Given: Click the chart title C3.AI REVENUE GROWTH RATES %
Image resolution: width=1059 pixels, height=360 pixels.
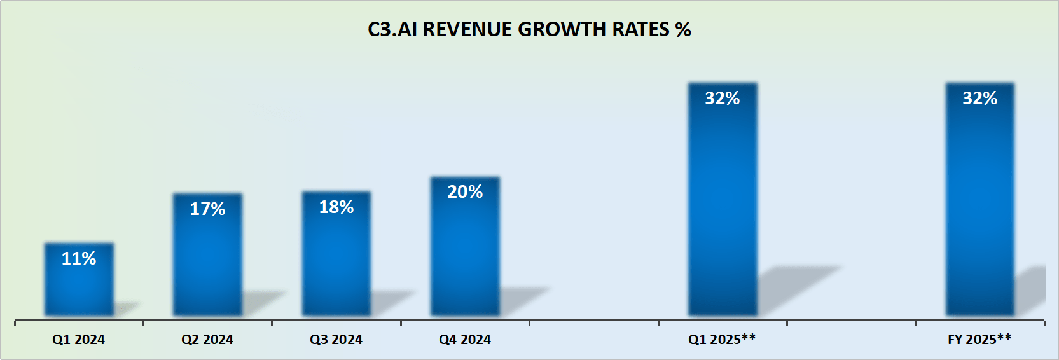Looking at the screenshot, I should click(x=529, y=29).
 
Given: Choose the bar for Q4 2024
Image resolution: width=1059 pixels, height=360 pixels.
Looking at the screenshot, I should click(x=465, y=254).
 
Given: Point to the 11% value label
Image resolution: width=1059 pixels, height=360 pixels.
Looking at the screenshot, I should click(x=79, y=258).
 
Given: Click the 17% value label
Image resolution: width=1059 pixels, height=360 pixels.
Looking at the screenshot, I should click(x=207, y=209).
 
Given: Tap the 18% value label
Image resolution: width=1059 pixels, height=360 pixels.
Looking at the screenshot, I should click(x=336, y=207).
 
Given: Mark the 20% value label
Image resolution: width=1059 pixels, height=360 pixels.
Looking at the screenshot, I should click(x=465, y=191).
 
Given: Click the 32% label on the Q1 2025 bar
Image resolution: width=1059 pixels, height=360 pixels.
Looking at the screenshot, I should click(x=723, y=98).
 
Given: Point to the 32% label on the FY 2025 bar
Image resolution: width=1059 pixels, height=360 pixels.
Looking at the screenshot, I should click(x=979, y=98).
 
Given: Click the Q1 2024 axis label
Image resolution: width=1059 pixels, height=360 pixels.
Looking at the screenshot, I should click(x=78, y=340).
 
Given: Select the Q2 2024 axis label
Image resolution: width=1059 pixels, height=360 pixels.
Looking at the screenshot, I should click(x=207, y=340).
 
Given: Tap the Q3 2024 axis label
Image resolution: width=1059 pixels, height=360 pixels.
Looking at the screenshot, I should click(x=336, y=340).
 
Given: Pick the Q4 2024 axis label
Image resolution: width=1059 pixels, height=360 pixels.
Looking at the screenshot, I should click(x=465, y=340).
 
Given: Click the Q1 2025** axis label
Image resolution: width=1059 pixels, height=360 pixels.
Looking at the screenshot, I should click(x=722, y=339).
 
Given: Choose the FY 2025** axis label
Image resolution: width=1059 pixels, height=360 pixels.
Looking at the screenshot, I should click(x=979, y=339).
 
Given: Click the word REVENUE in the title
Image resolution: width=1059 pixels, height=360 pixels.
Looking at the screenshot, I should click(x=467, y=29).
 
